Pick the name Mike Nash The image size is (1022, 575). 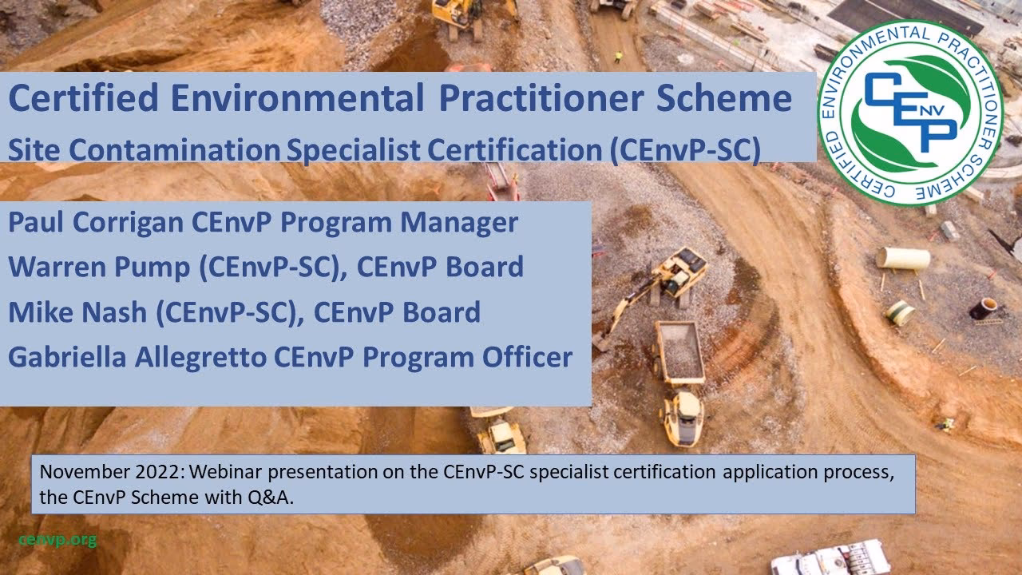[77, 312]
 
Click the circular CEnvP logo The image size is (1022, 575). [910, 113]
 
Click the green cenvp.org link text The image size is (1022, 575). [57, 540]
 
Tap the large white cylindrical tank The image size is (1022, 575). [903, 258]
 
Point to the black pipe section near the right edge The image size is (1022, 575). [984, 308]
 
